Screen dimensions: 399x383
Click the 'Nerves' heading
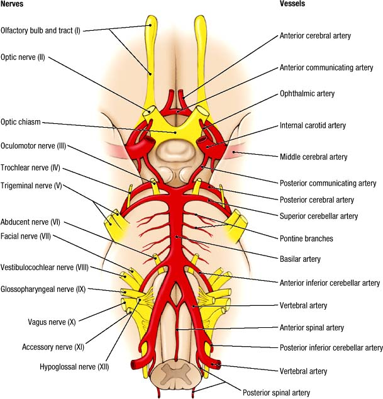(14, 5)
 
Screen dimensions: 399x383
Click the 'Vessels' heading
(293, 5)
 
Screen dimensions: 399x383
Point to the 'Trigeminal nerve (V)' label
(31, 186)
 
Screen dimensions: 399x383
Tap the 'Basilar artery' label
(300, 259)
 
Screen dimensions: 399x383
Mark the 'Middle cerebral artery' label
(313, 157)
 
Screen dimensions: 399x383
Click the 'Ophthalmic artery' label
(307, 94)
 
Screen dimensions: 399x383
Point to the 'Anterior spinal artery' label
(312, 328)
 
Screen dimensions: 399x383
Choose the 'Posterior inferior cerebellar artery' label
(331, 347)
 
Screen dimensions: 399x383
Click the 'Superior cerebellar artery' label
(318, 216)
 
